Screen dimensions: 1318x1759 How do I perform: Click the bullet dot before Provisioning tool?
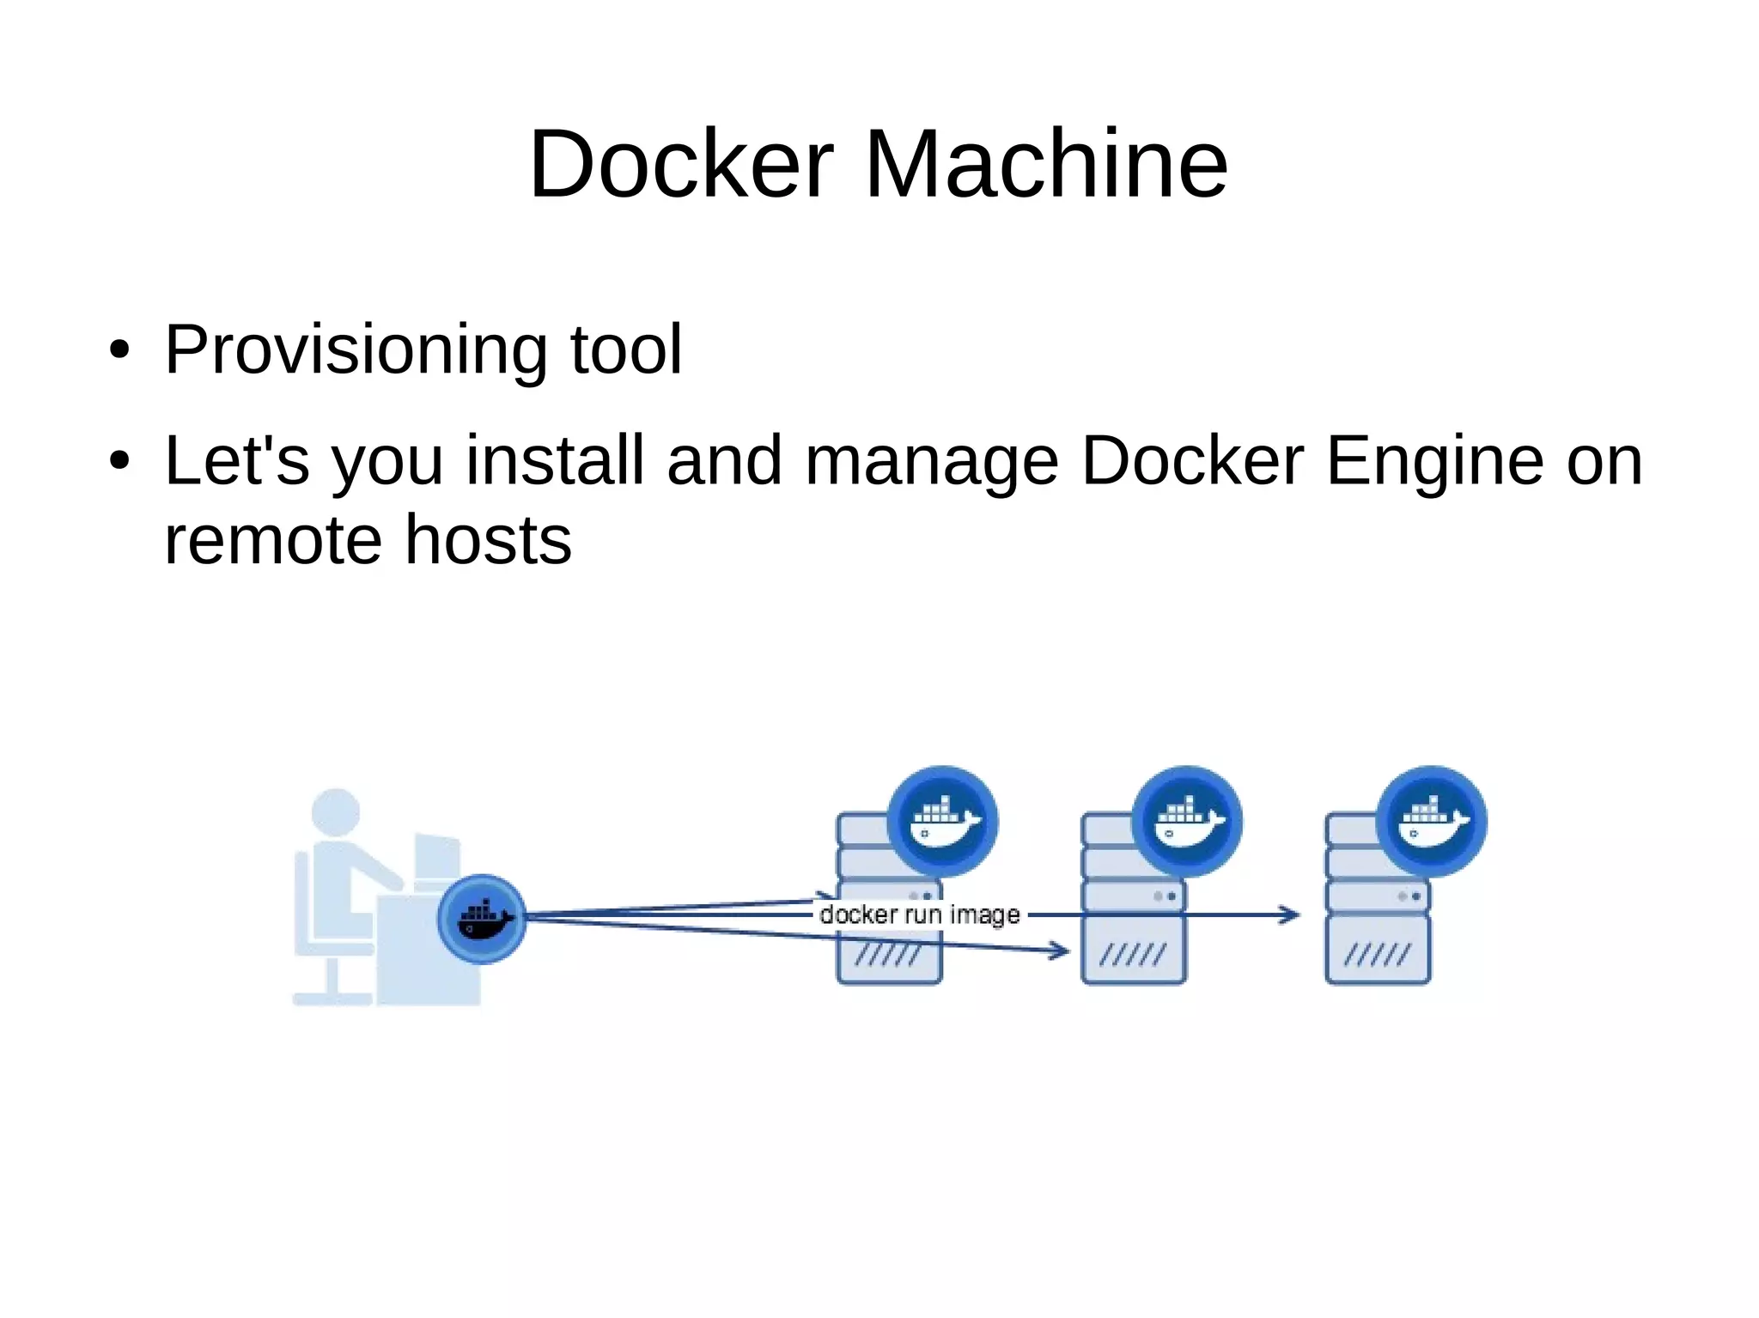[119, 350]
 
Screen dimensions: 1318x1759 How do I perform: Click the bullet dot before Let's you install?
[119, 461]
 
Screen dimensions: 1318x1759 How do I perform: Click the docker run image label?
[920, 914]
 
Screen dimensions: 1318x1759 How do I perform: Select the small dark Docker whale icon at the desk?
[482, 920]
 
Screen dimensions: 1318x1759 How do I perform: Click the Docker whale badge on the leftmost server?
[942, 821]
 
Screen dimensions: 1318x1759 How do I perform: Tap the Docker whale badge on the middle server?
[1187, 821]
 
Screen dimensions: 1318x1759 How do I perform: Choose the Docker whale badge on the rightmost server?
[1432, 821]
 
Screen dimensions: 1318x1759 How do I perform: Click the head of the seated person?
[335, 811]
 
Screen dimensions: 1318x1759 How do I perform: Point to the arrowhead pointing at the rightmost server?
[1289, 915]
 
